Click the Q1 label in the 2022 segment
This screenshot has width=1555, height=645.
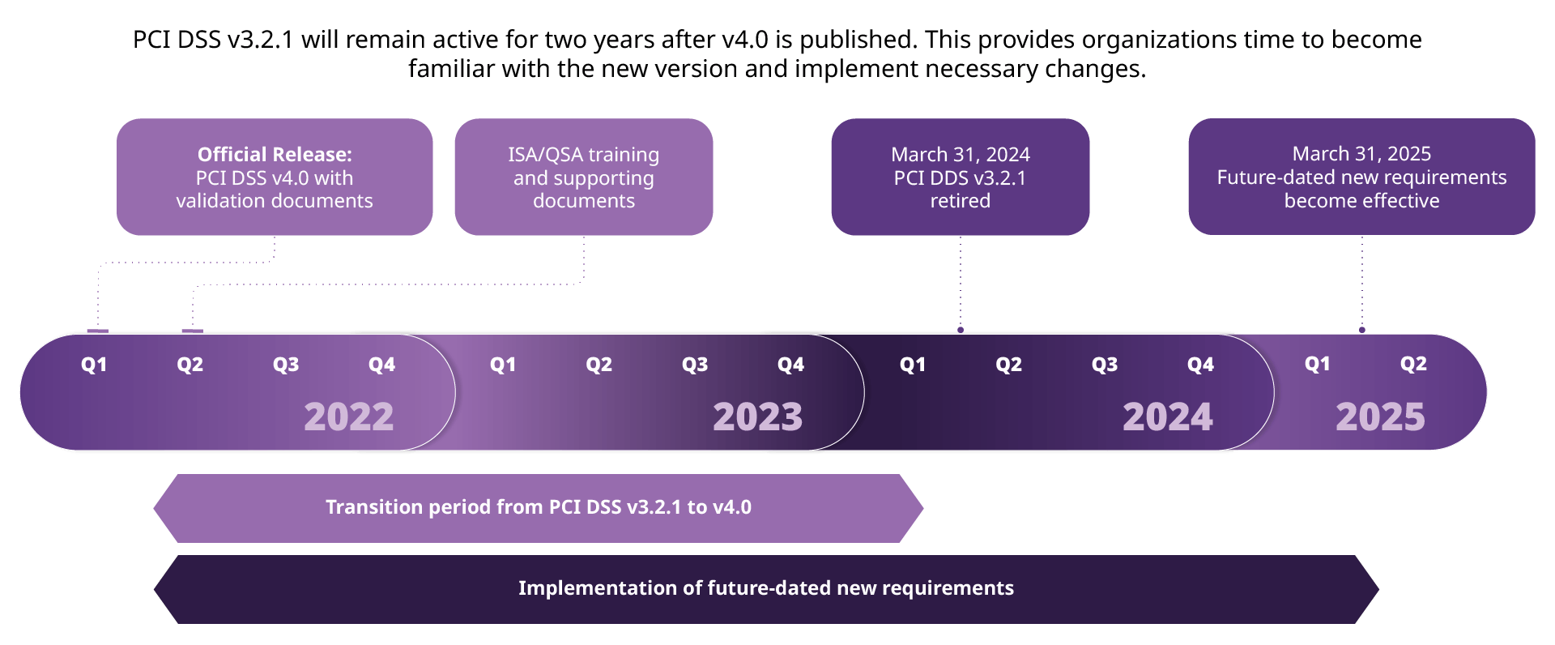point(94,365)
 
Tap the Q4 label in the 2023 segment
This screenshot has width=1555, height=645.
point(790,365)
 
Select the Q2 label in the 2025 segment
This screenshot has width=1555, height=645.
point(1413,364)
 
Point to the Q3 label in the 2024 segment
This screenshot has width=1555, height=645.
point(1105,365)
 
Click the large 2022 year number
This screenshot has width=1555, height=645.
point(348,417)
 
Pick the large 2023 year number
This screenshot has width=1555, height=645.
point(757,417)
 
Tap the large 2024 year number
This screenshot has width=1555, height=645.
point(1167,417)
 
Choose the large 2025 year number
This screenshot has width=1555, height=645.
point(1380,417)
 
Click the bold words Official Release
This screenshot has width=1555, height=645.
point(275,154)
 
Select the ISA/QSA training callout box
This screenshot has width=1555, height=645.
point(583,177)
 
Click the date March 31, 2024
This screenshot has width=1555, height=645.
point(961,154)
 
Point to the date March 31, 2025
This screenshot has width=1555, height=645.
point(1361,153)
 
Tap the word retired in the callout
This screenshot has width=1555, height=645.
point(960,201)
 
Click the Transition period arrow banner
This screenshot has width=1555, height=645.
point(539,507)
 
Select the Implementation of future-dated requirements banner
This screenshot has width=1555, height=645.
point(765,588)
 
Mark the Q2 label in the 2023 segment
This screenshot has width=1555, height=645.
point(599,365)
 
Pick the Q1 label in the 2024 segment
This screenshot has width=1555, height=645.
point(912,365)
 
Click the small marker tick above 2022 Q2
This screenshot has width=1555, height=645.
point(192,331)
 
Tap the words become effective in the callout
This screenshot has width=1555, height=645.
point(1361,201)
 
